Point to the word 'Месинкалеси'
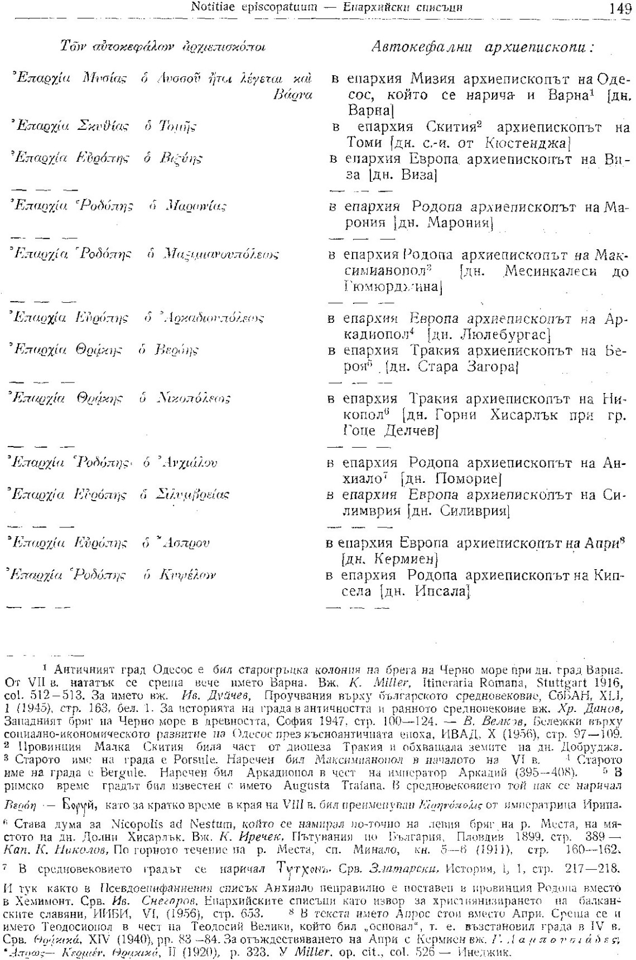coord(550,271)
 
